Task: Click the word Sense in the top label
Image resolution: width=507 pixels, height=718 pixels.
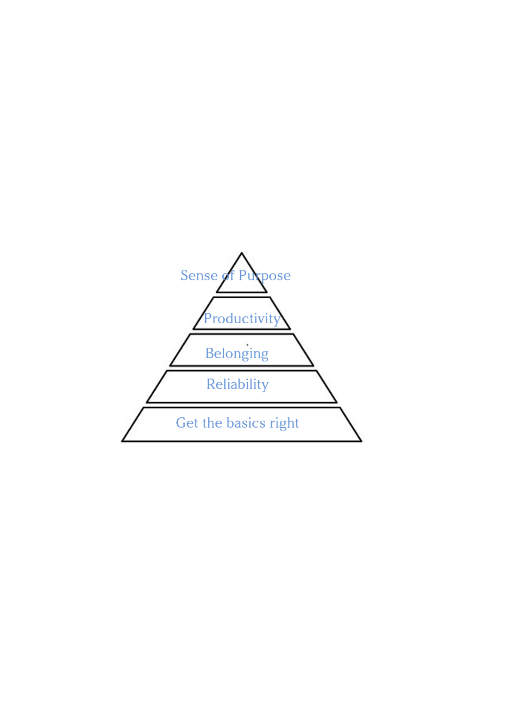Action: pyautogui.click(x=199, y=276)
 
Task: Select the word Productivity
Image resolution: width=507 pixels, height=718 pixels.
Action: pyautogui.click(x=242, y=319)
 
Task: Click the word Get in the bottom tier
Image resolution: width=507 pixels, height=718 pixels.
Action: pyautogui.click(x=187, y=423)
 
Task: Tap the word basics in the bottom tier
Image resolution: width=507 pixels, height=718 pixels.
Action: pyautogui.click(x=246, y=423)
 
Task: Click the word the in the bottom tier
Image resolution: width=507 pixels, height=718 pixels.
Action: pyautogui.click(x=212, y=423)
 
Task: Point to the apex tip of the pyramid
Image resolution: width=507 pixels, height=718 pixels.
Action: pyautogui.click(x=242, y=253)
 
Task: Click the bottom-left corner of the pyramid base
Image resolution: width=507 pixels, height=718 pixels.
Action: pyautogui.click(x=122, y=441)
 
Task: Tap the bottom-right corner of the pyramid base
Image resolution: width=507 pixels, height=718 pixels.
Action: pyautogui.click(x=361, y=441)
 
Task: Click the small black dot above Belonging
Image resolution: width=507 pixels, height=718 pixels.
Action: pyautogui.click(x=247, y=345)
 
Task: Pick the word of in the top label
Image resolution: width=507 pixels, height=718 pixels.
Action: pyautogui.click(x=228, y=276)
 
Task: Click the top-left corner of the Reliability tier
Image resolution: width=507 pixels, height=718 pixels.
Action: pyautogui.click(x=167, y=371)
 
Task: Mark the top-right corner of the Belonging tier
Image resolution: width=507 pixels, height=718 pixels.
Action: pyautogui.click(x=293, y=334)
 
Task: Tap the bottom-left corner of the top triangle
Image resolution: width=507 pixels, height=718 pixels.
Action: pyautogui.click(x=217, y=292)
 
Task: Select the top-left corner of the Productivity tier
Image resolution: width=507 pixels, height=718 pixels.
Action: pyautogui.click(x=213, y=297)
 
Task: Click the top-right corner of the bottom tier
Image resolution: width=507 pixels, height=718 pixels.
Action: pyautogui.click(x=340, y=408)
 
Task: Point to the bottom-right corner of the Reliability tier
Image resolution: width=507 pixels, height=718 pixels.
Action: pyautogui.click(x=337, y=402)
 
